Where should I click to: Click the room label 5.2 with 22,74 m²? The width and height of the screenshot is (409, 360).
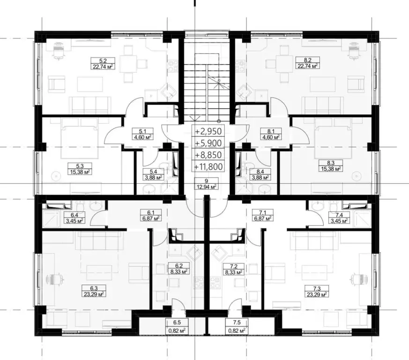103,64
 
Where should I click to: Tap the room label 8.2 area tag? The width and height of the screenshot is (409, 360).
307,63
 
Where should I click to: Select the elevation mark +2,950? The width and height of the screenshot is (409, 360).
208,131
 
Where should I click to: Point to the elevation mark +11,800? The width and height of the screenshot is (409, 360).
208,166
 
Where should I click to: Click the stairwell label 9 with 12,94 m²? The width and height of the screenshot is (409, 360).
206,184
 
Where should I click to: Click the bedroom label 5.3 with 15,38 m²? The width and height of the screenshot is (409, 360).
80,169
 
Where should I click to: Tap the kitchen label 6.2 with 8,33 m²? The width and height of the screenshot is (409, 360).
178,269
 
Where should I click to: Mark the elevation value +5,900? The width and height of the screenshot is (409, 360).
208,143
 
